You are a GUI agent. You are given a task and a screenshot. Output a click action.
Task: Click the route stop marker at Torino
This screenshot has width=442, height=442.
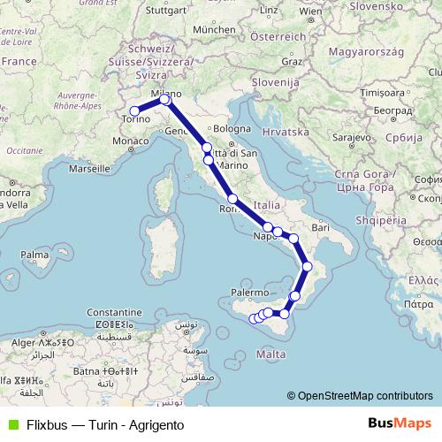134,111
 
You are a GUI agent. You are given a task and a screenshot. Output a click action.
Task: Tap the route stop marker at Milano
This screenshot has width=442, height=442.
164,99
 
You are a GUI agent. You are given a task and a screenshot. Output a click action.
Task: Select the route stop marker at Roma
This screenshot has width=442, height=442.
232,199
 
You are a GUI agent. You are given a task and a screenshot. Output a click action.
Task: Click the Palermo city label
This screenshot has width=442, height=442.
250,291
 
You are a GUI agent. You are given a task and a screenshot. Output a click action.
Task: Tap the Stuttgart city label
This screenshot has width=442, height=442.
169,12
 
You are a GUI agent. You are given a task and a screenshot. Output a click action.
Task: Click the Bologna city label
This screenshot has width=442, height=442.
233,128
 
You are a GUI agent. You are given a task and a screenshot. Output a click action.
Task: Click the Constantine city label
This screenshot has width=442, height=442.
112,313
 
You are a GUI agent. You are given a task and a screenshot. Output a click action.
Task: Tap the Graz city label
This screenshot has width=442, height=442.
292,62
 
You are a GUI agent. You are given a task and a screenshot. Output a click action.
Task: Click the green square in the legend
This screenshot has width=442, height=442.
12,424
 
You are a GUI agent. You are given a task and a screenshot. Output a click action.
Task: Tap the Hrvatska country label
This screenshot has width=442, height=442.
286,132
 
